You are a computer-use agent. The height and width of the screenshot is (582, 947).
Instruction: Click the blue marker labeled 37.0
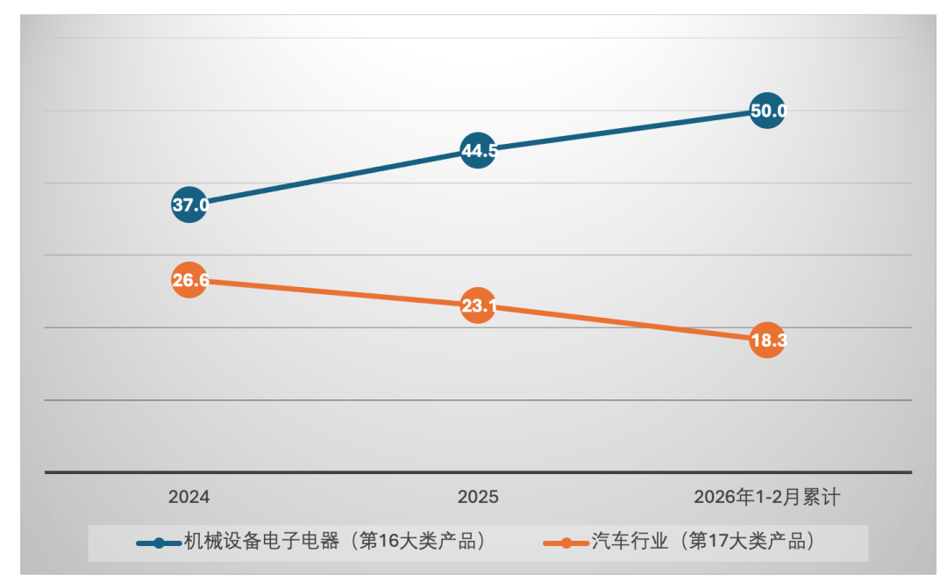[189, 205]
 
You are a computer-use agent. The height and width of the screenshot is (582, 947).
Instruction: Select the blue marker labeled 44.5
[478, 150]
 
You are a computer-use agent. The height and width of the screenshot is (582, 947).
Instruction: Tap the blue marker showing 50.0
[767, 111]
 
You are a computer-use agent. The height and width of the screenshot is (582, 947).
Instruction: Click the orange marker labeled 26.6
[189, 280]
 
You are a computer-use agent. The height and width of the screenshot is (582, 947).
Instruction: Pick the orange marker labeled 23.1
[478, 305]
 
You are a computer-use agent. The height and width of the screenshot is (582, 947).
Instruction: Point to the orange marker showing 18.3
[767, 341]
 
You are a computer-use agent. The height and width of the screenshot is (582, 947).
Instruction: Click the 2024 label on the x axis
[189, 498]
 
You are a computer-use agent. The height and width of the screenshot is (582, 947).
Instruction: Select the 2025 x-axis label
[478, 498]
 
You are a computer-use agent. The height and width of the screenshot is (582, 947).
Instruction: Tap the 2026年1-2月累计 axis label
[767, 498]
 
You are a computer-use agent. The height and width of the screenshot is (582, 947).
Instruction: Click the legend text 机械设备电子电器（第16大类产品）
[334, 542]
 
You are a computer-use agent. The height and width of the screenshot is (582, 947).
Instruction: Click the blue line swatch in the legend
[159, 542]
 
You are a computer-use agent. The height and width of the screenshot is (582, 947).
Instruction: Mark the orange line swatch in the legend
[566, 542]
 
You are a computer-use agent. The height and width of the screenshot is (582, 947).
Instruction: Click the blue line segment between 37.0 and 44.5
[333, 178]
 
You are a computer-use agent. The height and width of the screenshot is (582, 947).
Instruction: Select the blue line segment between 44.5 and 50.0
[623, 130]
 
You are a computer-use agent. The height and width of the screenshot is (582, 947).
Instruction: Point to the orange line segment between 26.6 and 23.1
[333, 293]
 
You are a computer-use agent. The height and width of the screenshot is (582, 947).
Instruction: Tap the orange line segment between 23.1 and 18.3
[623, 323]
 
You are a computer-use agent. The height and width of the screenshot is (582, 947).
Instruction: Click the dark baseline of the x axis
[478, 472]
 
